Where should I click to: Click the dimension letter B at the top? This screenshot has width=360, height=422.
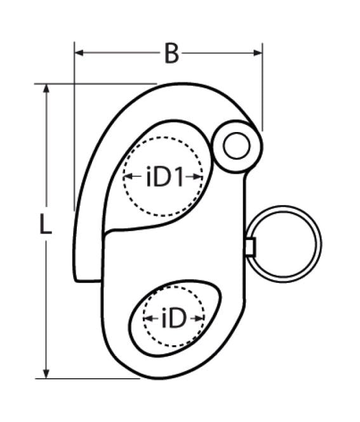tap(170, 54)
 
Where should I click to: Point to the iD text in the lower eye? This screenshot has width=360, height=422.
tap(173, 319)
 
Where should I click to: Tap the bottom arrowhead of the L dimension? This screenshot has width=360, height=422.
tap(46, 373)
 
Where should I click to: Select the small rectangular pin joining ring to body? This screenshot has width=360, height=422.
tap(250, 246)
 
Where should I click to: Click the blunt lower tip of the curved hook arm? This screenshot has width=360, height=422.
tap(87, 279)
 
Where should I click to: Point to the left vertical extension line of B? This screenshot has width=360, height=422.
tap(74, 127)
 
